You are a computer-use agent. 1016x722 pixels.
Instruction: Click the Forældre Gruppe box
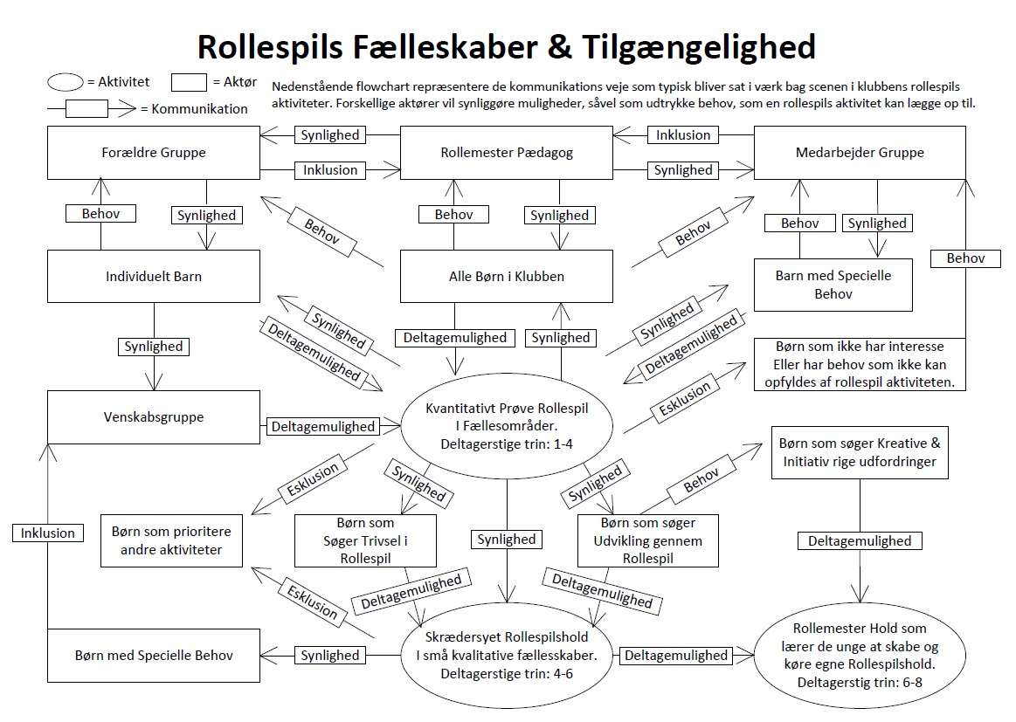pos(154,153)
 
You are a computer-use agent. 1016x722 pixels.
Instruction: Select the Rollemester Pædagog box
pos(507,153)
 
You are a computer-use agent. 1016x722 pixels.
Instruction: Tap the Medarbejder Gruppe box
pos(860,153)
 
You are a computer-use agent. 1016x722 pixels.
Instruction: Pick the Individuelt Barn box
pos(154,277)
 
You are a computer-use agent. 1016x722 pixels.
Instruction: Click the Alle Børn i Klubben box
pos(507,277)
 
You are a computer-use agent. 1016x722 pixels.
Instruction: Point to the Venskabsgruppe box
pos(154,416)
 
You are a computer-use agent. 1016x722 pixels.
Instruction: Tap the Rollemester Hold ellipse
pos(860,655)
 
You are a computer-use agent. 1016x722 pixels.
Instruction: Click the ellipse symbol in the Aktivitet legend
pos(66,83)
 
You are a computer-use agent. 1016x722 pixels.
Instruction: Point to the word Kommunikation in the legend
pos(199,109)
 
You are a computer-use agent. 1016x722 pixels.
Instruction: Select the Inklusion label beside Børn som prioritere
pos(49,533)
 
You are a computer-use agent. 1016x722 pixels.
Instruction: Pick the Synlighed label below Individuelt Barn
pos(154,347)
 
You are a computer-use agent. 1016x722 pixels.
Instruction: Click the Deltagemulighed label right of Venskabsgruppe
pos(322,427)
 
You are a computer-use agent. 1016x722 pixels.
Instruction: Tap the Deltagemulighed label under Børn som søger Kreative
pos(860,541)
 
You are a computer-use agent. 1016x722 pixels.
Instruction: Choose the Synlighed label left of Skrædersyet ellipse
pos(329,655)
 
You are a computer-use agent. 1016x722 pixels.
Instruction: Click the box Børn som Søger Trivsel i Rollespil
pos(365,541)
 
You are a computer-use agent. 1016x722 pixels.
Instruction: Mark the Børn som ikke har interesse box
pos(860,364)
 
